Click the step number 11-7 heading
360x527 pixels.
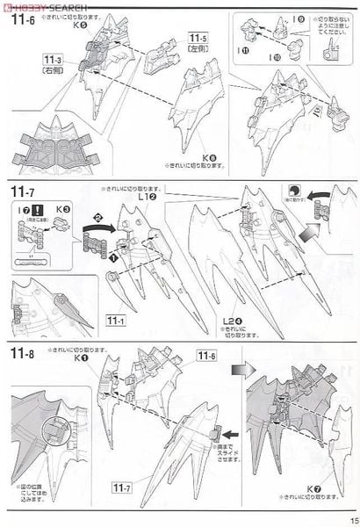(23, 191)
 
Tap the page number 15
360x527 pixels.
(350, 517)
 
